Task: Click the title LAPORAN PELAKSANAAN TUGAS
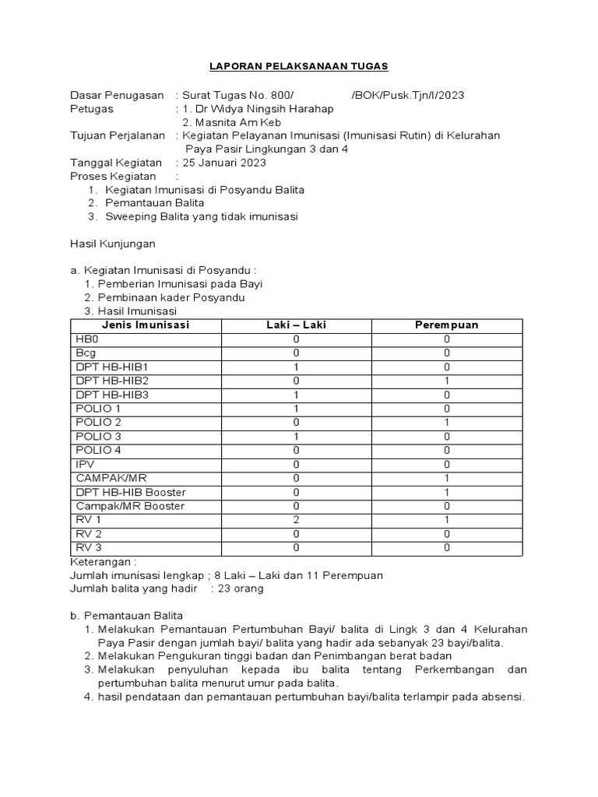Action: click(298, 67)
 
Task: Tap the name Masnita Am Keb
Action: click(232, 122)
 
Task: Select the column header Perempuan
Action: click(447, 325)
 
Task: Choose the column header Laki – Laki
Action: click(296, 325)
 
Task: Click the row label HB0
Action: click(87, 339)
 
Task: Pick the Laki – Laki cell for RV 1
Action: click(296, 520)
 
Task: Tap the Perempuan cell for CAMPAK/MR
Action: click(447, 478)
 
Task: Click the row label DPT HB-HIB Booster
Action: click(131, 492)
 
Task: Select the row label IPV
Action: click(84, 464)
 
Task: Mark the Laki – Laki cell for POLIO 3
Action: click(296, 436)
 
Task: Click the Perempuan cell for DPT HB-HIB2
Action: click(447, 381)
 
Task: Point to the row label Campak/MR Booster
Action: click(130, 506)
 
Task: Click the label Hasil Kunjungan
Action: click(113, 244)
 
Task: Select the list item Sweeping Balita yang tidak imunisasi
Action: click(202, 216)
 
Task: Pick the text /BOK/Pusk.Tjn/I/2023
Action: click(407, 96)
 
